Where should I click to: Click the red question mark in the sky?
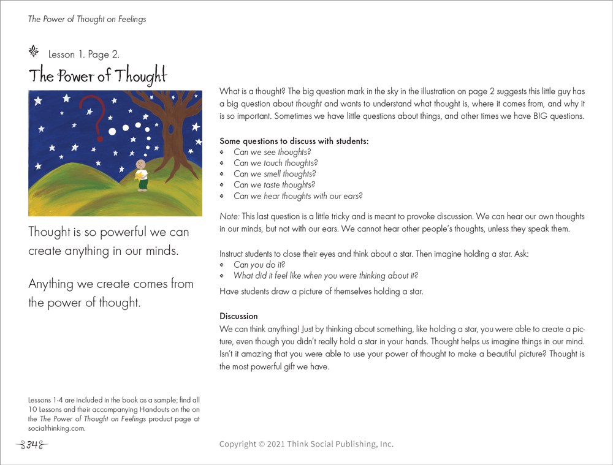92,111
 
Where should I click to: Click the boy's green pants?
142,184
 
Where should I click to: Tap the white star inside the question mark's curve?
91,112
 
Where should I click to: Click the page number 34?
32,444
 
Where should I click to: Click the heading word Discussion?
238,316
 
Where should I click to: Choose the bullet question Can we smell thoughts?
275,174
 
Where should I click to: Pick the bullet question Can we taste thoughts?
274,185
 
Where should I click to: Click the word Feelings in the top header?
129,19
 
